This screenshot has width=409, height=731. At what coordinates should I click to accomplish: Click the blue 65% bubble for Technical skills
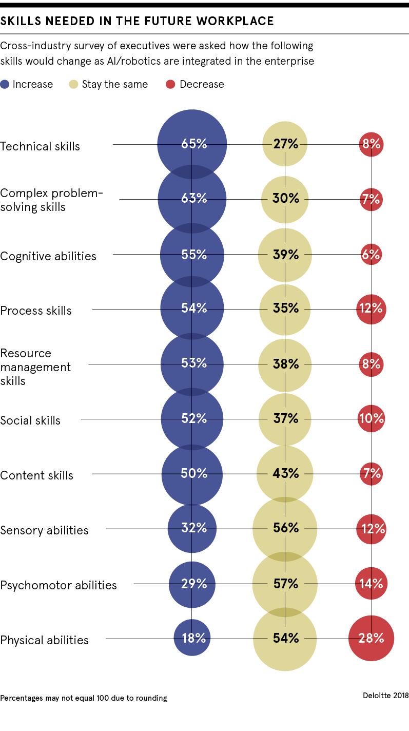(x=192, y=144)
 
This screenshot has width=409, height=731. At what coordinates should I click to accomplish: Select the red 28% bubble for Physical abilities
(x=371, y=638)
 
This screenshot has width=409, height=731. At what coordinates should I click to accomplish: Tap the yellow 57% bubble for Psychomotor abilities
(x=285, y=584)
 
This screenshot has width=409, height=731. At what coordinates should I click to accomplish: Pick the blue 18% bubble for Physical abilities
(x=192, y=638)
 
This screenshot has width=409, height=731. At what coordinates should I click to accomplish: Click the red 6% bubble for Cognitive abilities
(x=371, y=255)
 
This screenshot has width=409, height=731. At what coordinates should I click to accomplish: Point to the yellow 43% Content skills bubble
(x=285, y=473)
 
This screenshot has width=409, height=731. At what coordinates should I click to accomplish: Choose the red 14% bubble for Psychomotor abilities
(x=371, y=584)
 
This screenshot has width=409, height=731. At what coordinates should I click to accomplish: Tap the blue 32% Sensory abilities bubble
(x=192, y=528)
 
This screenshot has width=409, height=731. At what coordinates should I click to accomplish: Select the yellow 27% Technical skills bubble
(x=285, y=144)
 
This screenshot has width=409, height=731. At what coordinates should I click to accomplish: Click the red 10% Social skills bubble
(x=371, y=418)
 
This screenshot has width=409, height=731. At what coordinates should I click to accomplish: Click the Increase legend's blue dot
(x=5, y=85)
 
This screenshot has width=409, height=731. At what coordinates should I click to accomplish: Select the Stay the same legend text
(x=114, y=85)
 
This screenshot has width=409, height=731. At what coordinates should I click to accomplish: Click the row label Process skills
(x=36, y=311)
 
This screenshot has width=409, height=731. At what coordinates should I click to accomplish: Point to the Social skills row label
(x=30, y=420)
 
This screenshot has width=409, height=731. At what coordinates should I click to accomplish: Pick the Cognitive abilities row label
(x=48, y=256)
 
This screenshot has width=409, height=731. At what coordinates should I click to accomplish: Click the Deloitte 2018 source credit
(x=385, y=696)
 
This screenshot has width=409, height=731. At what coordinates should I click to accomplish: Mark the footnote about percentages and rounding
(x=84, y=698)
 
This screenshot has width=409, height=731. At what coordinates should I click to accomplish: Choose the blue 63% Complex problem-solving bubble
(x=192, y=199)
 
